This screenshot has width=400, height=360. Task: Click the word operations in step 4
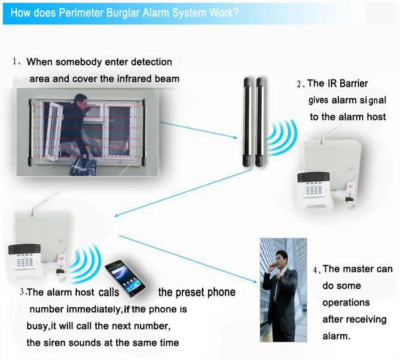(x=346, y=302)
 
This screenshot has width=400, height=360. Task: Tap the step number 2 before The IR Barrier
(x=300, y=84)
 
